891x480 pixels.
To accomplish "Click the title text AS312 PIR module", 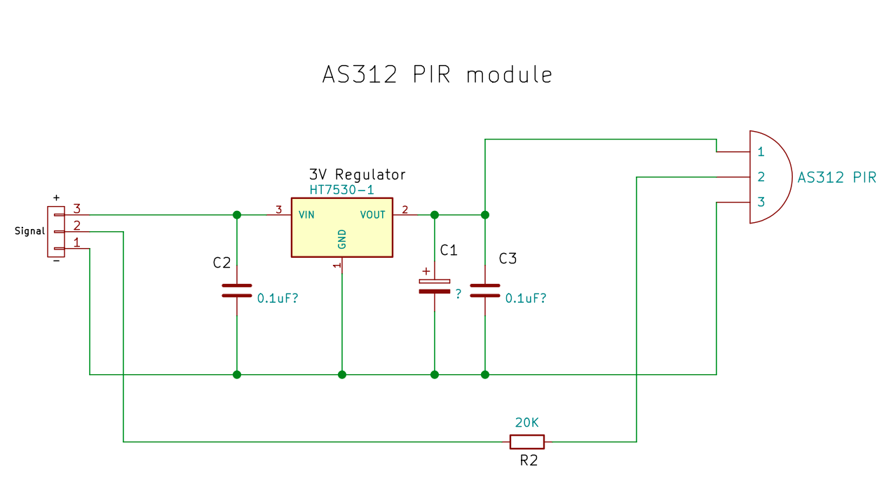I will (x=437, y=75).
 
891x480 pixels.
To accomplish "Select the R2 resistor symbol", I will (x=526, y=441).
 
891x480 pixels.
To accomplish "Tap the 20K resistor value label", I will (x=527, y=423).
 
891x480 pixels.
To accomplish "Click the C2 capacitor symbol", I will (x=236, y=291).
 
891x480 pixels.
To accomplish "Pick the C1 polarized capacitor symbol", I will (x=435, y=285).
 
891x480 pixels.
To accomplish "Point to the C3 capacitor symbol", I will (x=485, y=291).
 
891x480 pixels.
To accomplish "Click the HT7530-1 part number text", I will (x=341, y=191).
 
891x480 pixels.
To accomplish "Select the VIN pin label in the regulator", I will (x=306, y=214).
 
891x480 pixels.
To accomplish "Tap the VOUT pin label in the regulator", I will (x=372, y=214).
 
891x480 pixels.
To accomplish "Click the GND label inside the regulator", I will (x=342, y=239).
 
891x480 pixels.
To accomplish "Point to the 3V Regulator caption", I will (x=357, y=174).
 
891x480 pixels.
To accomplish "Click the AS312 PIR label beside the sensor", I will (x=836, y=177).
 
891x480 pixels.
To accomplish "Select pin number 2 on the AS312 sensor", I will (x=761, y=177).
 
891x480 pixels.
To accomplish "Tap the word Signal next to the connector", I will (x=29, y=231).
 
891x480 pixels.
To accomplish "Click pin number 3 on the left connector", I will (x=77, y=209).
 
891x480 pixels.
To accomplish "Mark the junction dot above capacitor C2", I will (x=237, y=214).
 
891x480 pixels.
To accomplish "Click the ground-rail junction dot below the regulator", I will (x=342, y=374).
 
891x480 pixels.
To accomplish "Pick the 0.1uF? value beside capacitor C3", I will (x=526, y=298).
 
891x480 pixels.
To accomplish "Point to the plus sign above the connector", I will (x=56, y=198).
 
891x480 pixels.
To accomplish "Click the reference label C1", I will (x=449, y=250).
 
